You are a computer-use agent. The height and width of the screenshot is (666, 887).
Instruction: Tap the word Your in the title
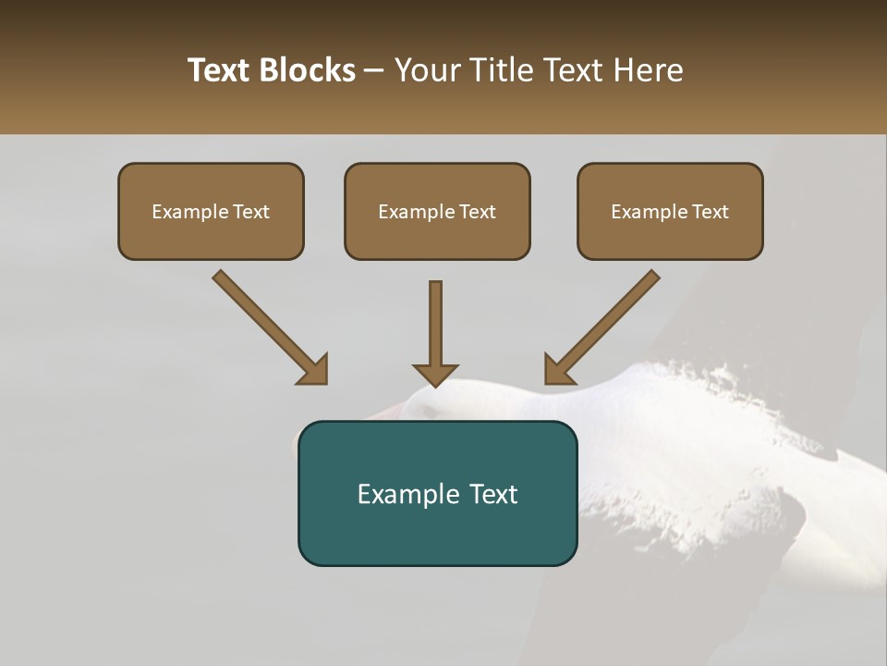[425, 70]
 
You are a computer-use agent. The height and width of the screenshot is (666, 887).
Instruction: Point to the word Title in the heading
[499, 70]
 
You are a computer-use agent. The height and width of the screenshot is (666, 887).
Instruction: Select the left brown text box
[211, 236]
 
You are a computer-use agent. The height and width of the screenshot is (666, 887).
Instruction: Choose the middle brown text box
[437, 236]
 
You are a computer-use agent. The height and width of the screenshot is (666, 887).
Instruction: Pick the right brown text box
[670, 236]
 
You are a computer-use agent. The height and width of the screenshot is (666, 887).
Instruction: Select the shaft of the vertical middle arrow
[435, 319]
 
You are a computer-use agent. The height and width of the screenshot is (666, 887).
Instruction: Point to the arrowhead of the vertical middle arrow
[435, 375]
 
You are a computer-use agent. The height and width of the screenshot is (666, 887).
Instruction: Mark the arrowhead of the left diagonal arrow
[314, 370]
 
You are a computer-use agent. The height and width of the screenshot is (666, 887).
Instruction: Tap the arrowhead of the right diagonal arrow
[558, 370]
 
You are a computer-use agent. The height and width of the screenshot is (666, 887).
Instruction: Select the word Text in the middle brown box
[478, 212]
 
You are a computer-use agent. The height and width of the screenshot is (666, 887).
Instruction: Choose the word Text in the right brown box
[711, 212]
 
